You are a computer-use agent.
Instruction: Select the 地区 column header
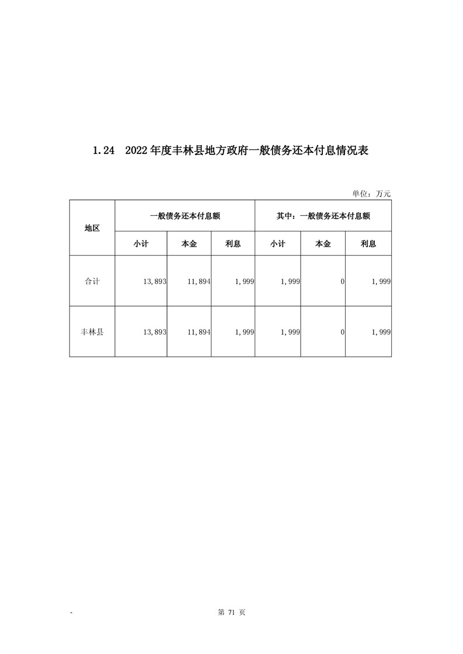pyautogui.click(x=92, y=228)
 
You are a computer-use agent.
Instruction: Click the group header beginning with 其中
pyautogui.click(x=323, y=215)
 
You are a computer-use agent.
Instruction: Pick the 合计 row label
pyautogui.click(x=92, y=281)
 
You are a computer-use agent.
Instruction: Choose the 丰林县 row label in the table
pyautogui.click(x=92, y=332)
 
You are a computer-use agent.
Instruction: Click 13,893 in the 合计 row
pyautogui.click(x=155, y=282)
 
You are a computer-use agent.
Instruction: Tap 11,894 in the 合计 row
pyautogui.click(x=199, y=282)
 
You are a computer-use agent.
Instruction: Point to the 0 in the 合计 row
pyautogui.click(x=343, y=282)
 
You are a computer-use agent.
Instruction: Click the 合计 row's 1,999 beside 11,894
pyautogui.click(x=244, y=282)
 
